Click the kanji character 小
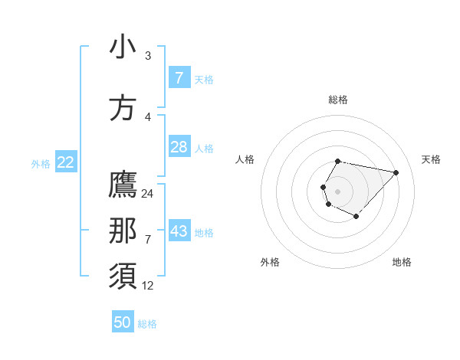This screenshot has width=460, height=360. tap(123, 47)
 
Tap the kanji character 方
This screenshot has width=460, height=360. tap(123, 108)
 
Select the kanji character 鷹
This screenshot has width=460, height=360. tap(123, 185)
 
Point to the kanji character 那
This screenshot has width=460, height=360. tap(123, 231)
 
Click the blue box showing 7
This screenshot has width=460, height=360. tap(179, 78)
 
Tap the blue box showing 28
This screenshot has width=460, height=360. tap(179, 147)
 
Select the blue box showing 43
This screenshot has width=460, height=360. tap(179, 231)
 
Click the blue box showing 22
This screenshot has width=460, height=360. tap(66, 162)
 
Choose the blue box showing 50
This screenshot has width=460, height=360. tap(123, 322)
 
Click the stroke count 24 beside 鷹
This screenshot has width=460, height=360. tap(148, 194)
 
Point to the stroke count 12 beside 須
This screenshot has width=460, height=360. tap(148, 286)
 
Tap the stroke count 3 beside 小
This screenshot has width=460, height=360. tap(148, 56)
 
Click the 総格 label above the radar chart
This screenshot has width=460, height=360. tap(338, 100)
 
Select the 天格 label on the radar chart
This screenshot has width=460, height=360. tap(431, 159)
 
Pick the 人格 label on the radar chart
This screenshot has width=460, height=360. tap(245, 159)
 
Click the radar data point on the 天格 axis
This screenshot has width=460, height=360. tap(396, 172)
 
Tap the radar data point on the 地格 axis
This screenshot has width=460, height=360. tap(356, 217)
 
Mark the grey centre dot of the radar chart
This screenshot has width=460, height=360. tap(338, 191)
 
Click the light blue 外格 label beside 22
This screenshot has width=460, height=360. tap(41, 163)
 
